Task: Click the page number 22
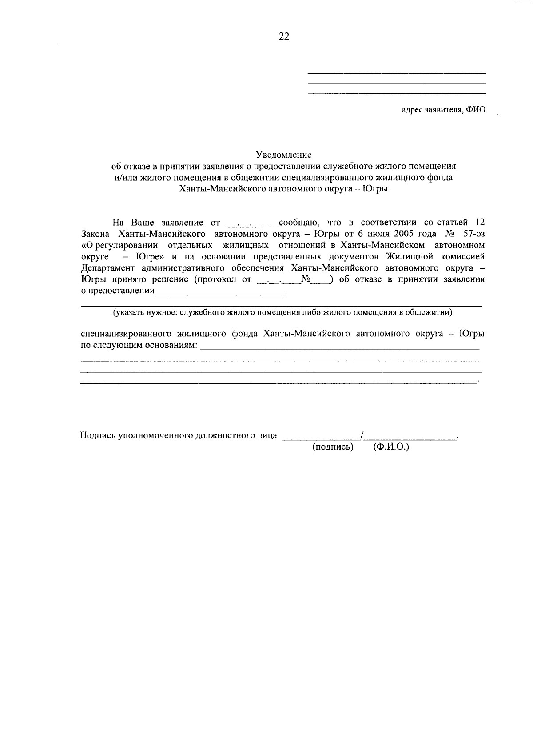[284, 37]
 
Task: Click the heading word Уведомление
[284, 155]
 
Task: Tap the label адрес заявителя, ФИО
[443, 110]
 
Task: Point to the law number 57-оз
[473, 234]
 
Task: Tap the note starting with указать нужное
[283, 312]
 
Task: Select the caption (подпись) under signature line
[333, 447]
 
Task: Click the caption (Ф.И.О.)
[391, 447]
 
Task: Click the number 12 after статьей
[480, 222]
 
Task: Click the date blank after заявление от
[249, 223]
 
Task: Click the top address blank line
[397, 73]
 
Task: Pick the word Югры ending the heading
[375, 188]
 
